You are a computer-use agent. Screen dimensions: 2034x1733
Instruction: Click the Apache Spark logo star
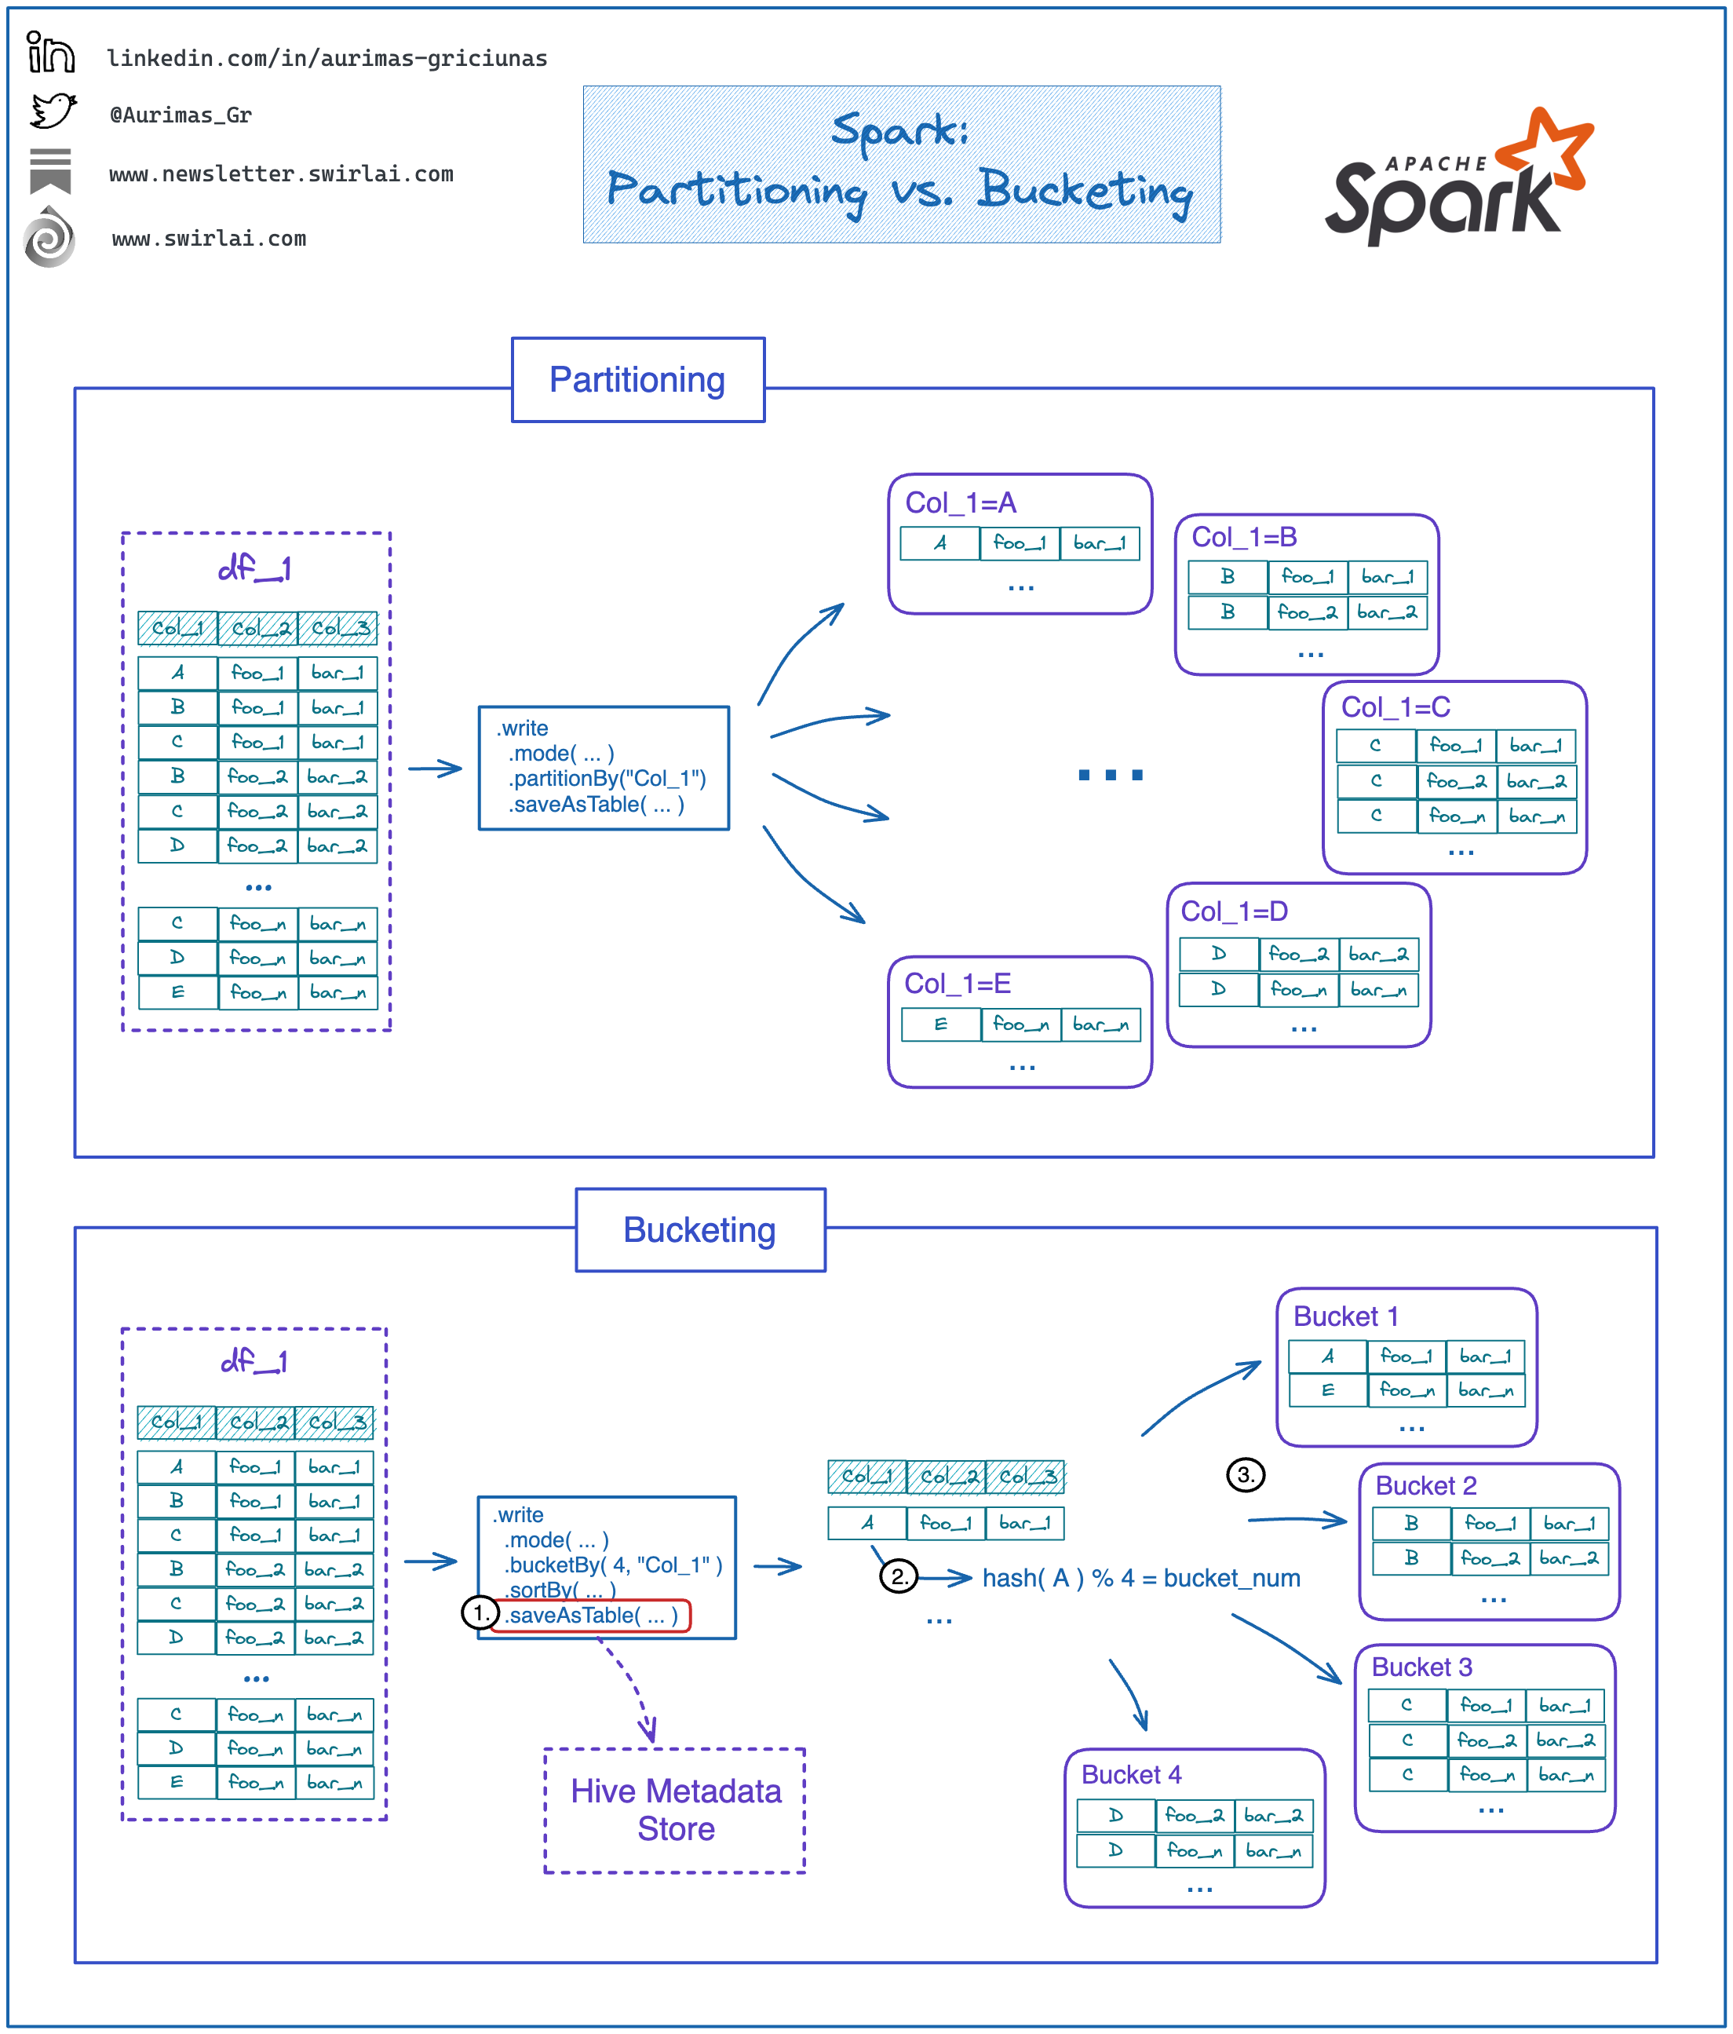coord(1545,148)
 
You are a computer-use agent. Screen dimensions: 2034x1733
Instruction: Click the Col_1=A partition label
coord(960,502)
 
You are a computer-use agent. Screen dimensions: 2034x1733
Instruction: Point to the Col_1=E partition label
coord(957,984)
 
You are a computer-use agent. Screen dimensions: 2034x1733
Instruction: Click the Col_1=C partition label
coord(1395,707)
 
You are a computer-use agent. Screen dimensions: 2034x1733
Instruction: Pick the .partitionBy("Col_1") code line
coord(607,779)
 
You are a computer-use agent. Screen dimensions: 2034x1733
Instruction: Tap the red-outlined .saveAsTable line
coord(592,1615)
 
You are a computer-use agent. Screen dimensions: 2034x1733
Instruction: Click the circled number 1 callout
coord(480,1613)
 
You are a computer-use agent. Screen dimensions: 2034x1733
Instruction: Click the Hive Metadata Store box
coord(675,1810)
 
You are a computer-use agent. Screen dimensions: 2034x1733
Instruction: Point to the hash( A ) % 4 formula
coord(1140,1578)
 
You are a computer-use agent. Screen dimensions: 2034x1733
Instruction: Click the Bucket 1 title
coord(1344,1316)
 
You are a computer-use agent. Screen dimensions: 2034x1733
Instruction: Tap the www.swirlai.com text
coord(209,239)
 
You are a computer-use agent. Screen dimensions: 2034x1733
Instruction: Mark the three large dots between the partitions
coord(1110,775)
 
